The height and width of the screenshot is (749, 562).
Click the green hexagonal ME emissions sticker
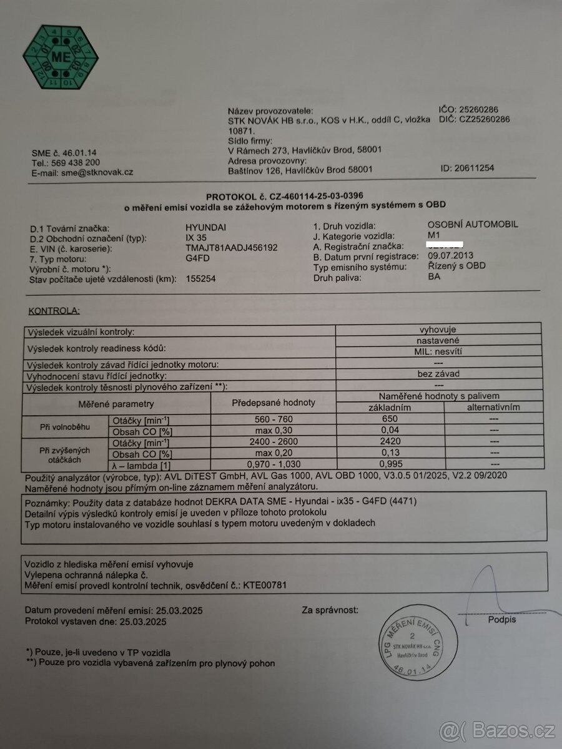[x=61, y=57]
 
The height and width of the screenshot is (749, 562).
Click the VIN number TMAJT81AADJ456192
[x=232, y=247]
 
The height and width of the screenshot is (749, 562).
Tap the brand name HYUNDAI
[x=207, y=227]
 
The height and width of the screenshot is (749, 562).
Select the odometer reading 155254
[x=200, y=279]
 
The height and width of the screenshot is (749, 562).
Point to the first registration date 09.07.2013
[x=450, y=255]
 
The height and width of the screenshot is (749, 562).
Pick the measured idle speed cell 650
[x=389, y=419]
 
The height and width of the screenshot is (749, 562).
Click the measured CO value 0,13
[x=389, y=453]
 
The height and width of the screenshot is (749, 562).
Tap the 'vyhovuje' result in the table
[x=438, y=330]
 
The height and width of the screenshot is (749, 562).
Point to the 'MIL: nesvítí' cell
[x=438, y=351]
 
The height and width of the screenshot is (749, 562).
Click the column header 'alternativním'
[x=493, y=408]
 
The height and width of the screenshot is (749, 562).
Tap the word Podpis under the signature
[x=502, y=620]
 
